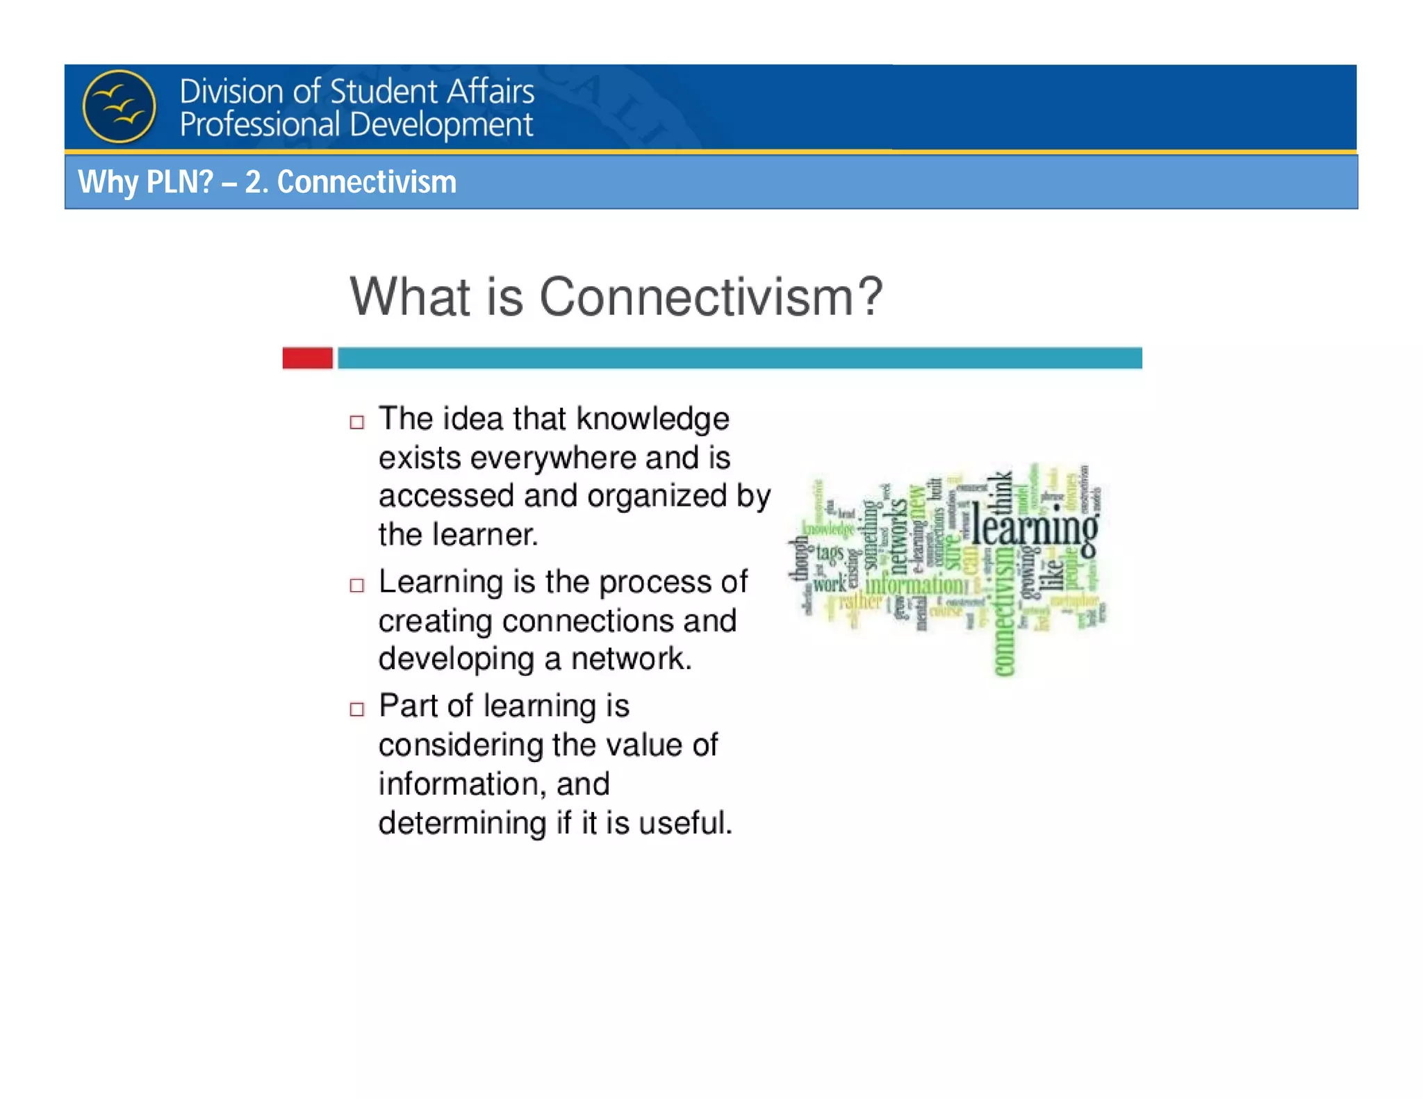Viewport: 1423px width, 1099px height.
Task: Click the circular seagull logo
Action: pyautogui.click(x=119, y=106)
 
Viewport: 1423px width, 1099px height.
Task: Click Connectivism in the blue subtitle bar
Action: pyautogui.click(x=366, y=182)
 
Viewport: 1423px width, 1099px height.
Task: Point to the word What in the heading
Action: pyautogui.click(x=409, y=297)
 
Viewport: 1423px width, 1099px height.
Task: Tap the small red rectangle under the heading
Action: pyautogui.click(x=307, y=358)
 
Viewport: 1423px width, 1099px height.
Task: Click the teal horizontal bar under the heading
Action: pyautogui.click(x=739, y=358)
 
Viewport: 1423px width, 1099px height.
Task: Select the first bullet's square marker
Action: pyautogui.click(x=356, y=422)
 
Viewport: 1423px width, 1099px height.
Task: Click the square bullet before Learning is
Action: pyautogui.click(x=356, y=585)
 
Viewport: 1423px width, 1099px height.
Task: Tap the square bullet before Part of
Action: pyautogui.click(x=356, y=709)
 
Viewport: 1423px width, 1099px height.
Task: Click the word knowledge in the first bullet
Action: pyautogui.click(x=652, y=419)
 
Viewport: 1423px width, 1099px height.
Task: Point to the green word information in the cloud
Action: pyautogui.click(x=914, y=584)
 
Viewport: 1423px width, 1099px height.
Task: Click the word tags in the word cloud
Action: pyautogui.click(x=829, y=554)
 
